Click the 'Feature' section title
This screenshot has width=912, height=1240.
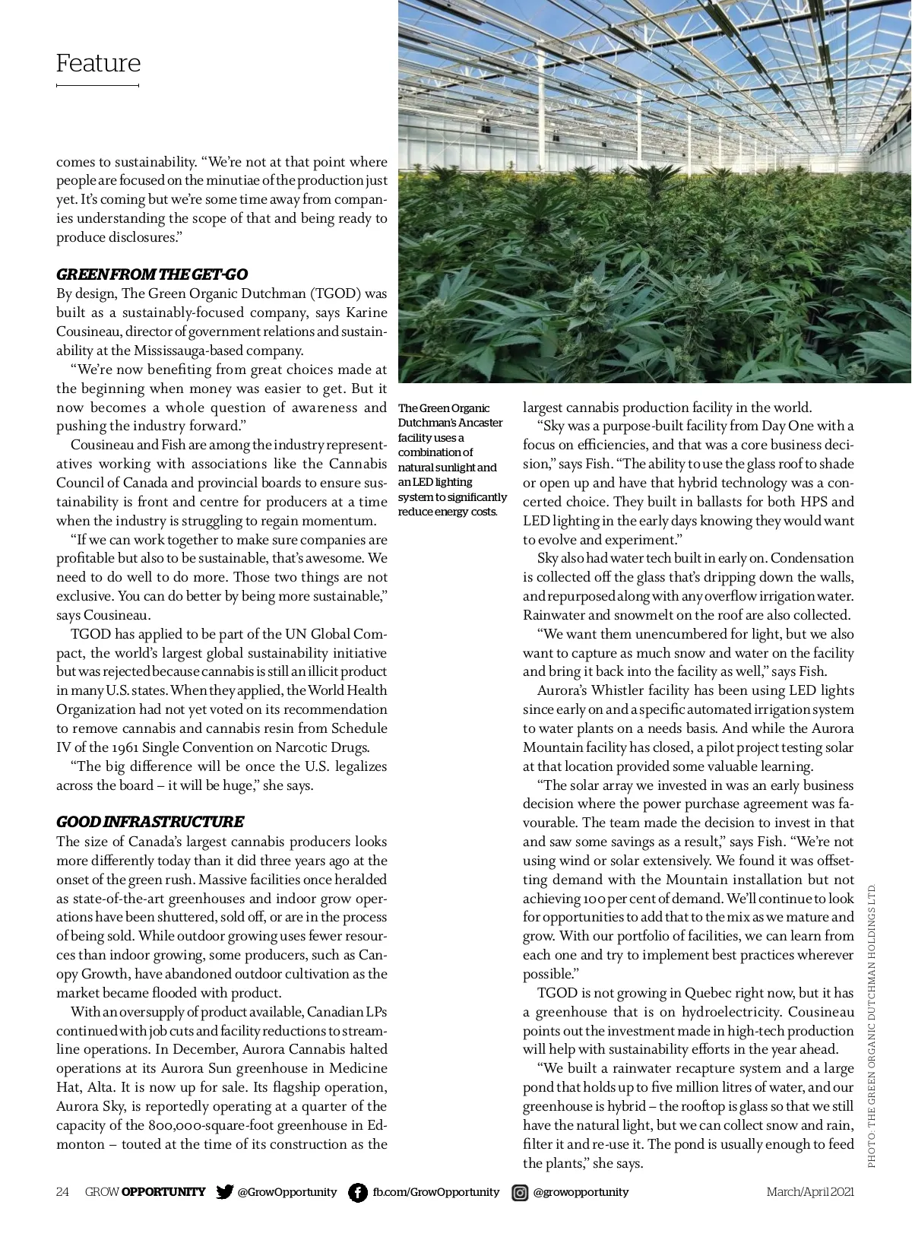[98, 63]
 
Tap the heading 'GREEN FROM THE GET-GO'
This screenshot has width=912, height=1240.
[152, 274]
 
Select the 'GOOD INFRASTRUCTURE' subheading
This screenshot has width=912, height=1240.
[150, 822]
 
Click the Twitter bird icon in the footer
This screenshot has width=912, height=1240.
[224, 1192]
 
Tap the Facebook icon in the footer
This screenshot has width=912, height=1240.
[357, 1192]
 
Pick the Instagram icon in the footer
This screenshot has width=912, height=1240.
[520, 1192]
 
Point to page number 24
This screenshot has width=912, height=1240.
[62, 1192]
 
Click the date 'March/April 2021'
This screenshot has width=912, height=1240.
[810, 1192]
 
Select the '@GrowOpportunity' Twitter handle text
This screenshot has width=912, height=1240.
[287, 1192]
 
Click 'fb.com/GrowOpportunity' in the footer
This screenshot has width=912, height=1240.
[436, 1192]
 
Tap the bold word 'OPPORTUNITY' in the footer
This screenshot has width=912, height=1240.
[163, 1192]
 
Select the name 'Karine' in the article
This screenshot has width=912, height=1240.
[366, 312]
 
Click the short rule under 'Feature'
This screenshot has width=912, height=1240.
[97, 86]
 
